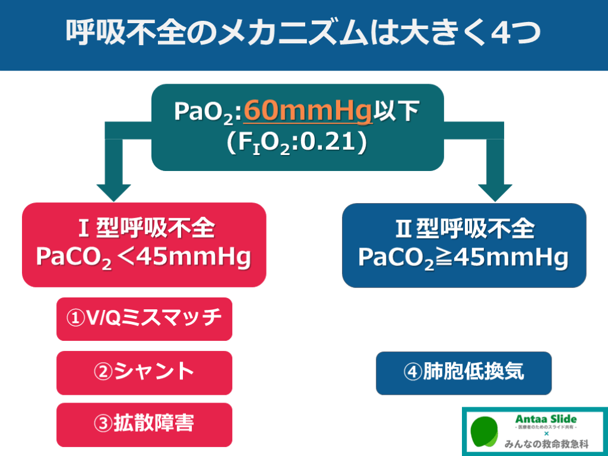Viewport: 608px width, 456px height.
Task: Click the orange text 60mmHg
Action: tap(308, 111)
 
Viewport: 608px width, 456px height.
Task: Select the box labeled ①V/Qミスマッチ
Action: tap(144, 319)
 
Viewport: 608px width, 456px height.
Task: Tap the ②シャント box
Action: tap(144, 372)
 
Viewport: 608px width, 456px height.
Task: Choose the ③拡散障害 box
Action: tap(144, 425)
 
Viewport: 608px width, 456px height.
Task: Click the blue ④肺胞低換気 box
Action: tap(464, 373)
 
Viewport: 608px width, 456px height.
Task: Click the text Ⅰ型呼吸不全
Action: tap(144, 229)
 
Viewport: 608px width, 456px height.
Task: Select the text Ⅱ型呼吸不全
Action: tap(464, 229)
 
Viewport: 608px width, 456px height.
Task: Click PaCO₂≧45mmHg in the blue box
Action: tap(464, 258)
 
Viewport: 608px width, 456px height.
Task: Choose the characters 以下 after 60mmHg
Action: tap(400, 111)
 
